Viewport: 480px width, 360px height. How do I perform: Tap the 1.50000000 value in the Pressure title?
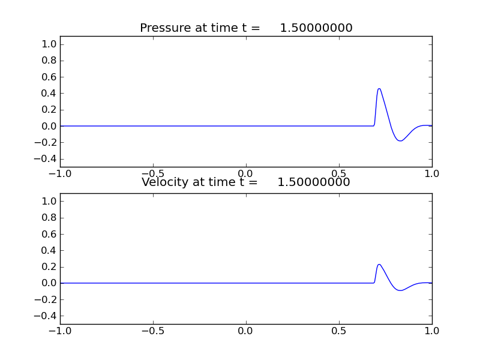pyautogui.click(x=316, y=28)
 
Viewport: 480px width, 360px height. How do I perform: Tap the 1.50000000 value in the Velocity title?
pyautogui.click(x=314, y=182)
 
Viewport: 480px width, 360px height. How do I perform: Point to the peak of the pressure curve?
pyautogui.click(x=379, y=89)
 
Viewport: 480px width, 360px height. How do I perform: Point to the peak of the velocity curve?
pyautogui.click(x=379, y=265)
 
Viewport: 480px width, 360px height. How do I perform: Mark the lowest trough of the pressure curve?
pyautogui.click(x=400, y=141)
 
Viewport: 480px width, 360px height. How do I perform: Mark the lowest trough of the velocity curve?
pyautogui.click(x=400, y=290)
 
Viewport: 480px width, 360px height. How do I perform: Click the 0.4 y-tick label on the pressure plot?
pyautogui.click(x=49, y=93)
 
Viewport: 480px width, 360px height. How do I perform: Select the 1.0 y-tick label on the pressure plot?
pyautogui.click(x=49, y=44)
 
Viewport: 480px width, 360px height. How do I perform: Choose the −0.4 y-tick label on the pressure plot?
pyautogui.click(x=47, y=158)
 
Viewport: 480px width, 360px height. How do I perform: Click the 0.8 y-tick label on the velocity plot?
pyautogui.click(x=49, y=218)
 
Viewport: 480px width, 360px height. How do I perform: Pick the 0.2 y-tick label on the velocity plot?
pyautogui.click(x=49, y=266)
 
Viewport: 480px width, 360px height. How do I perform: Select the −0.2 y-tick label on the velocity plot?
pyautogui.click(x=47, y=299)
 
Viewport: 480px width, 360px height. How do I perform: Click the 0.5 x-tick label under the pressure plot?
pyautogui.click(x=339, y=173)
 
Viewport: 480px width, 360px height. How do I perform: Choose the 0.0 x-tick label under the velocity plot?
pyautogui.click(x=246, y=331)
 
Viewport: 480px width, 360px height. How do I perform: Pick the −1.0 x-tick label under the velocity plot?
pyautogui.click(x=59, y=331)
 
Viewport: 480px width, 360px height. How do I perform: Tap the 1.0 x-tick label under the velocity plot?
pyautogui.click(x=432, y=331)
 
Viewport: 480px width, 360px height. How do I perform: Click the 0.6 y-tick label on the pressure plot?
pyautogui.click(x=49, y=77)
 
